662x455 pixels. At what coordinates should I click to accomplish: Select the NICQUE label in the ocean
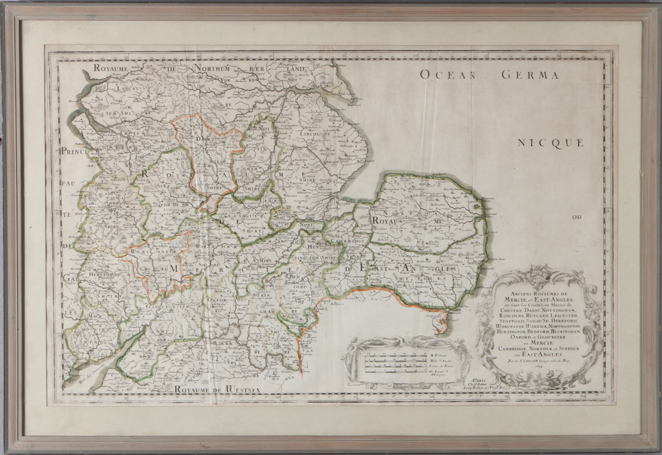pos(551,143)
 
